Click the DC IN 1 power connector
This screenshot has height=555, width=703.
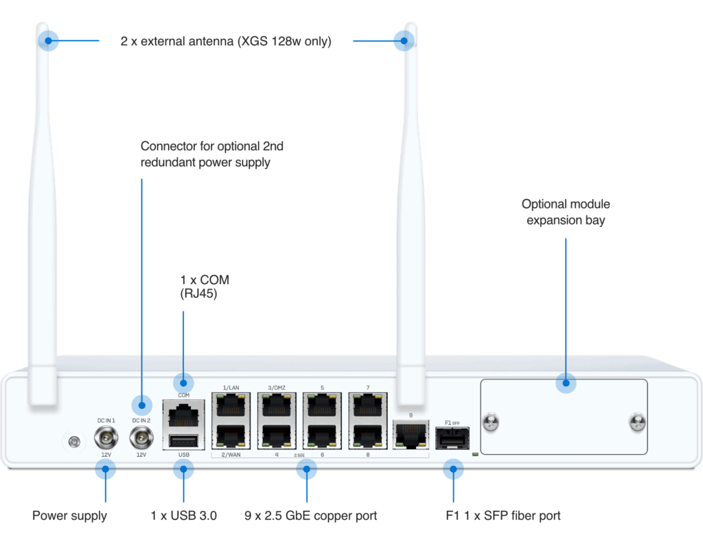(x=105, y=435)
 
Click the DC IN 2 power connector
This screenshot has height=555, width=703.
(x=141, y=435)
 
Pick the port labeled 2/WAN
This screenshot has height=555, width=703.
(x=230, y=437)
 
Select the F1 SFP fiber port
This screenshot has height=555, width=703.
(x=452, y=438)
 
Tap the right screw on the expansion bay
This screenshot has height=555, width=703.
(x=636, y=422)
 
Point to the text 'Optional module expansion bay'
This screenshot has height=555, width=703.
(x=566, y=212)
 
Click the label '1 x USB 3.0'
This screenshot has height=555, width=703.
(x=183, y=515)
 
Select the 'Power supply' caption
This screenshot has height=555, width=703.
(x=69, y=515)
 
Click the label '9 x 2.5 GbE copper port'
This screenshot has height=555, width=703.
(x=311, y=515)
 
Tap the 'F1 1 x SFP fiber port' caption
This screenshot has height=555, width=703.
(x=503, y=515)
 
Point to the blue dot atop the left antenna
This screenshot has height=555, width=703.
(x=49, y=40)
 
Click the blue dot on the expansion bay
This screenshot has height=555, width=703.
(x=566, y=383)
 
